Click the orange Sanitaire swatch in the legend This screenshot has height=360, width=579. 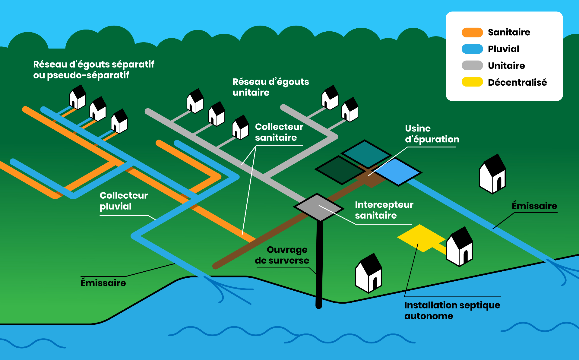pyautogui.click(x=472, y=32)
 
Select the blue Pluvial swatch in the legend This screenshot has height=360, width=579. pyautogui.click(x=472, y=49)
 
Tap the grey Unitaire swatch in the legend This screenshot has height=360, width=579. pyautogui.click(x=472, y=65)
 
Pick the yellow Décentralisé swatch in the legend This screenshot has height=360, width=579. pyautogui.click(x=472, y=82)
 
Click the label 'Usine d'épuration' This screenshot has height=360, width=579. pyautogui.click(x=432, y=134)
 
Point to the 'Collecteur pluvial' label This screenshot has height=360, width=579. pyautogui.click(x=124, y=201)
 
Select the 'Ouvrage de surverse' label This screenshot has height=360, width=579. pyautogui.click(x=282, y=255)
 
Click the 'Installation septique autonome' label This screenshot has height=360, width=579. pyautogui.click(x=452, y=311)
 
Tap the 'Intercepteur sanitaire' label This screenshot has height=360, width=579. pyautogui.click(x=384, y=210)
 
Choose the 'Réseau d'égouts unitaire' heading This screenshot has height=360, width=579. pyautogui.click(x=271, y=87)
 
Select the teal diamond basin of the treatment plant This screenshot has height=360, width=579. pyautogui.click(x=366, y=154)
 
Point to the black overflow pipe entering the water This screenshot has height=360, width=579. pyautogui.click(x=319, y=264)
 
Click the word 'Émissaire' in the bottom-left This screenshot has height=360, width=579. pyautogui.click(x=103, y=283)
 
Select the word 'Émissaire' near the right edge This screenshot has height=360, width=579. pyautogui.click(x=534, y=206)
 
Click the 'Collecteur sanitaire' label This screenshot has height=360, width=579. pyautogui.click(x=279, y=132)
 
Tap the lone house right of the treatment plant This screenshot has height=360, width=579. pyautogui.click(x=492, y=174)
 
